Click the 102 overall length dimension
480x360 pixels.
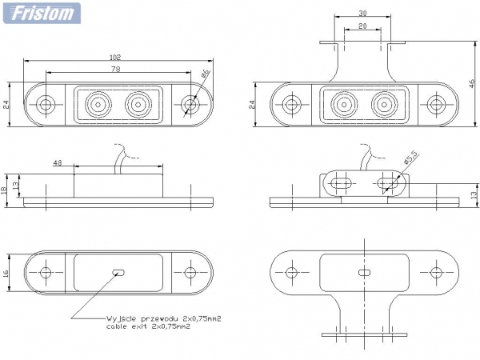(116, 57)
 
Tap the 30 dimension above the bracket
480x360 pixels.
(362, 14)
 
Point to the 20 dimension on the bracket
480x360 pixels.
(362, 26)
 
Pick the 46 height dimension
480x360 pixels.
(472, 83)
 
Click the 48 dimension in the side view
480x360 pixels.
(58, 162)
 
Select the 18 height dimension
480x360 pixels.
(6, 189)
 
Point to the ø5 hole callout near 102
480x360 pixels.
(206, 75)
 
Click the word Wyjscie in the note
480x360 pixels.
(119, 318)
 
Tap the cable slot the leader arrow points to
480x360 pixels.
(120, 273)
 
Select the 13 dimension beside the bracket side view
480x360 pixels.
(472, 193)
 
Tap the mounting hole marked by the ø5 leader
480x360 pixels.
(190, 104)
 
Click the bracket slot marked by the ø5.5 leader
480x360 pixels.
(390, 183)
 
